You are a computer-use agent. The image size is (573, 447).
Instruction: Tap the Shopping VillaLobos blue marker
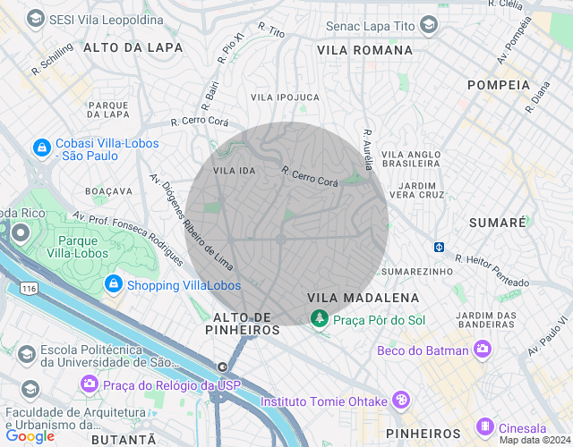click(x=113, y=284)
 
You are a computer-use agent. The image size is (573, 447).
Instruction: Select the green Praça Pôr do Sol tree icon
click(x=319, y=318)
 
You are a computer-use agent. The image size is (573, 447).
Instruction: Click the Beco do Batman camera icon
click(x=483, y=350)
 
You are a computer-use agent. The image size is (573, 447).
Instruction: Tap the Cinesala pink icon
click(x=484, y=426)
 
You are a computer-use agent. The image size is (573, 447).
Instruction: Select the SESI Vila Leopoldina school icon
click(x=36, y=18)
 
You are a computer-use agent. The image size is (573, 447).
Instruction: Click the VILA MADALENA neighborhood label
click(x=363, y=297)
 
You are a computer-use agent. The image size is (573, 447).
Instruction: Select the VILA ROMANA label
click(x=365, y=51)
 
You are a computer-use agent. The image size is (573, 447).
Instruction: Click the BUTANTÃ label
click(x=124, y=440)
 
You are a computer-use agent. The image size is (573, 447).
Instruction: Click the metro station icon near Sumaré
click(x=440, y=247)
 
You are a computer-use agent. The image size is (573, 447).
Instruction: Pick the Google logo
click(x=30, y=436)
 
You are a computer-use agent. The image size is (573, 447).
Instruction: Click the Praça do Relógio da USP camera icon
click(x=90, y=384)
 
